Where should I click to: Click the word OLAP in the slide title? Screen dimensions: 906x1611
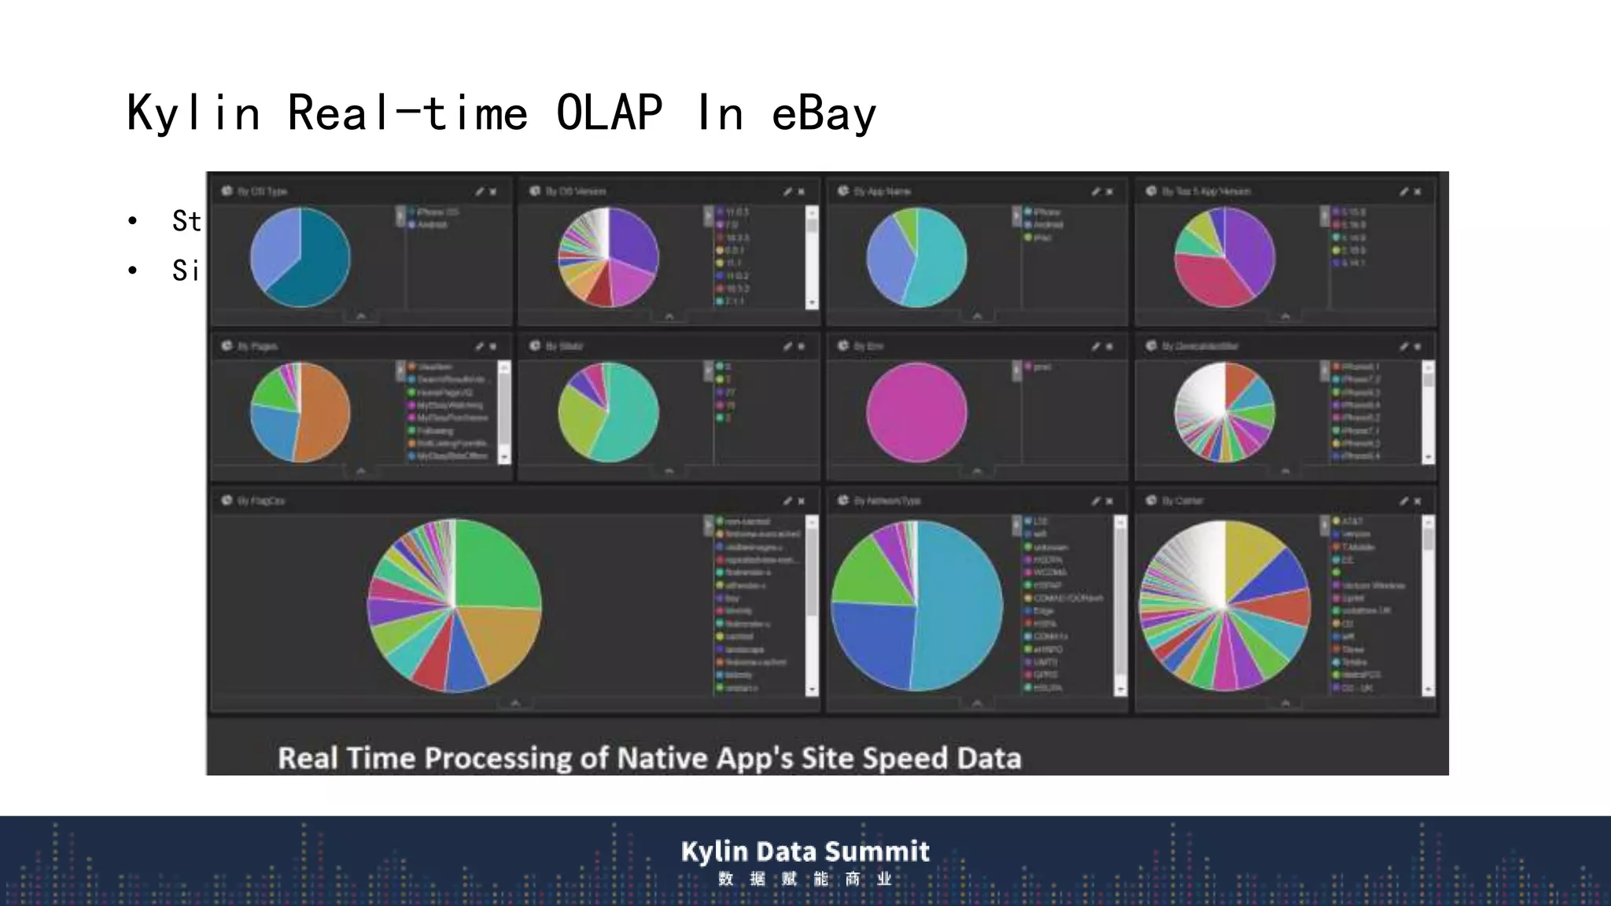pos(609,113)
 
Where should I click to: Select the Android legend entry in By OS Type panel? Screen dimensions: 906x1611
pos(432,225)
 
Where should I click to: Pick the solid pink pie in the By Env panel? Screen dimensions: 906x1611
pos(916,412)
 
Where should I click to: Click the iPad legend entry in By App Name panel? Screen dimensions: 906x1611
pos(1041,238)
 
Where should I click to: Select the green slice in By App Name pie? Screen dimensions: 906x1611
pos(907,224)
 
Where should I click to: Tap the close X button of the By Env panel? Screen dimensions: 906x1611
pos(1110,347)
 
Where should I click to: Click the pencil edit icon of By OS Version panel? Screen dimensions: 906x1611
pos(787,192)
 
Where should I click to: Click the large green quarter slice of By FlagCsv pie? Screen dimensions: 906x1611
pos(496,566)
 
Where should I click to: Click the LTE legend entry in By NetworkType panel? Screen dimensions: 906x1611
pos(1040,521)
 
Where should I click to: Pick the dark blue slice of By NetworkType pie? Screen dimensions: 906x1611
pos(869,645)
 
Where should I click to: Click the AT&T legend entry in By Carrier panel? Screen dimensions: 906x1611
pos(1351,521)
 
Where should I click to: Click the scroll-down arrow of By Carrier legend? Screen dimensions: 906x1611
pos(1429,690)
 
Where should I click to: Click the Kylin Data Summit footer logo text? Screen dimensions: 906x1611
pos(805,851)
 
